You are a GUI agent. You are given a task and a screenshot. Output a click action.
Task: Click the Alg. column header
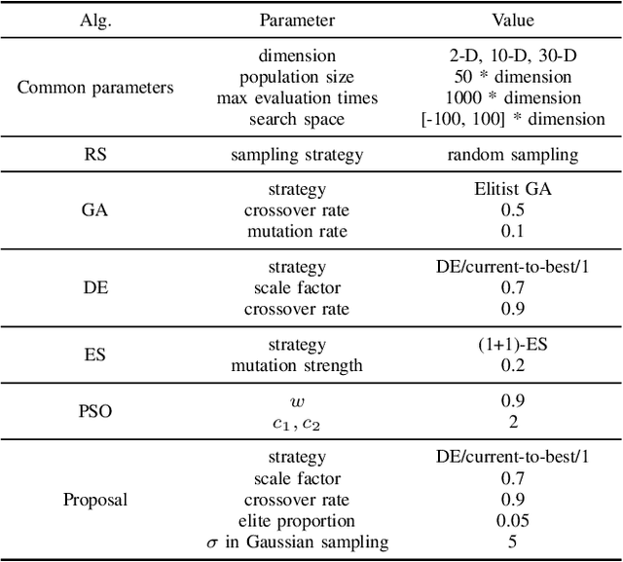coord(95,20)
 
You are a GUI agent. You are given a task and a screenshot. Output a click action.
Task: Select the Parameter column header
coord(297,20)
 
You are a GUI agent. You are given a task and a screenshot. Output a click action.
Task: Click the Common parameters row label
coord(95,88)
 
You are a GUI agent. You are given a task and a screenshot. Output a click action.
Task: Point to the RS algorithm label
coord(95,154)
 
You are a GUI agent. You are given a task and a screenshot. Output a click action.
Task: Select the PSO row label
coord(95,410)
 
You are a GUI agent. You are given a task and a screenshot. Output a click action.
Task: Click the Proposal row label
coord(95,500)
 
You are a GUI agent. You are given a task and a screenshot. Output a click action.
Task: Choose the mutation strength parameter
coord(297,366)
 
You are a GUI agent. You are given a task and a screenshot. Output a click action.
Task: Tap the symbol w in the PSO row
coord(297,399)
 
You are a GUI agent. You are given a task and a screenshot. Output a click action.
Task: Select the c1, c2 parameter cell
coord(297,422)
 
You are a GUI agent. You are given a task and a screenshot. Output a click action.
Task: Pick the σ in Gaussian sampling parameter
coord(297,543)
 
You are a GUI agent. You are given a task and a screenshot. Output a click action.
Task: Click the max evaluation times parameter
coord(297,98)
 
